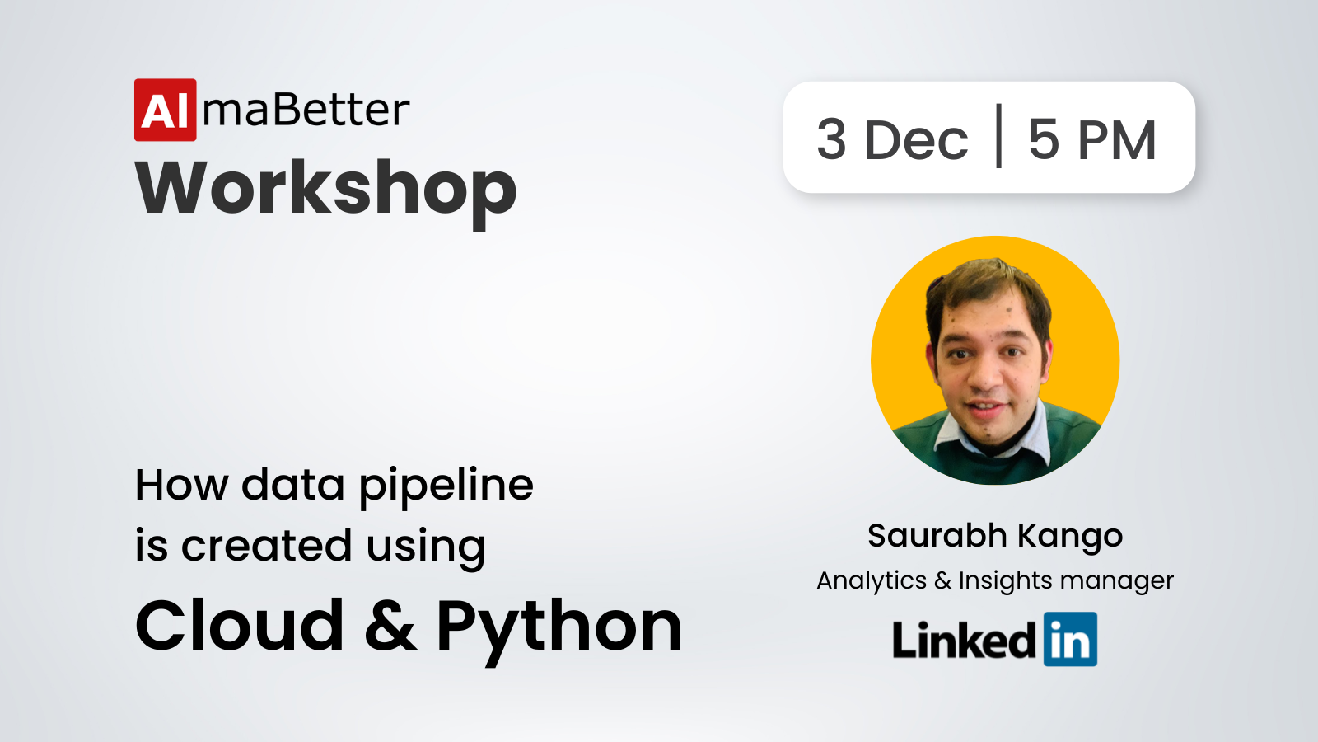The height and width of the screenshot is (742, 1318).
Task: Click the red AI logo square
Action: [166, 110]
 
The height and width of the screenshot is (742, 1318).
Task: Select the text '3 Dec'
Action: [892, 139]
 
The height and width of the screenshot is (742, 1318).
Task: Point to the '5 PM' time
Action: [1092, 139]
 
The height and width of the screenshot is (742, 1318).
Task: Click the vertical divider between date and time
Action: [998, 136]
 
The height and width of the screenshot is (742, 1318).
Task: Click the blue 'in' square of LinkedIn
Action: [1070, 639]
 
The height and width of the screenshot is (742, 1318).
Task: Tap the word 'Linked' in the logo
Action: [964, 640]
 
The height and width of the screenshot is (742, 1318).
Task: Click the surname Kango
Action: [1070, 537]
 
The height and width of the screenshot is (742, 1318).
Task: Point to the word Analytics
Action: [872, 581]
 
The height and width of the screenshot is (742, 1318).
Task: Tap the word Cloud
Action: [240, 626]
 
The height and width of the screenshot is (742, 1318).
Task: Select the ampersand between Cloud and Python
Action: [390, 627]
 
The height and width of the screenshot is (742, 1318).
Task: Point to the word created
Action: [266, 545]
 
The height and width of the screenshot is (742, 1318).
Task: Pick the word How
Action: [182, 486]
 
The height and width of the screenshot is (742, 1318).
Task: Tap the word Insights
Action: [1006, 581]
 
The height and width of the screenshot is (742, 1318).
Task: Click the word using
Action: [425, 548]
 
